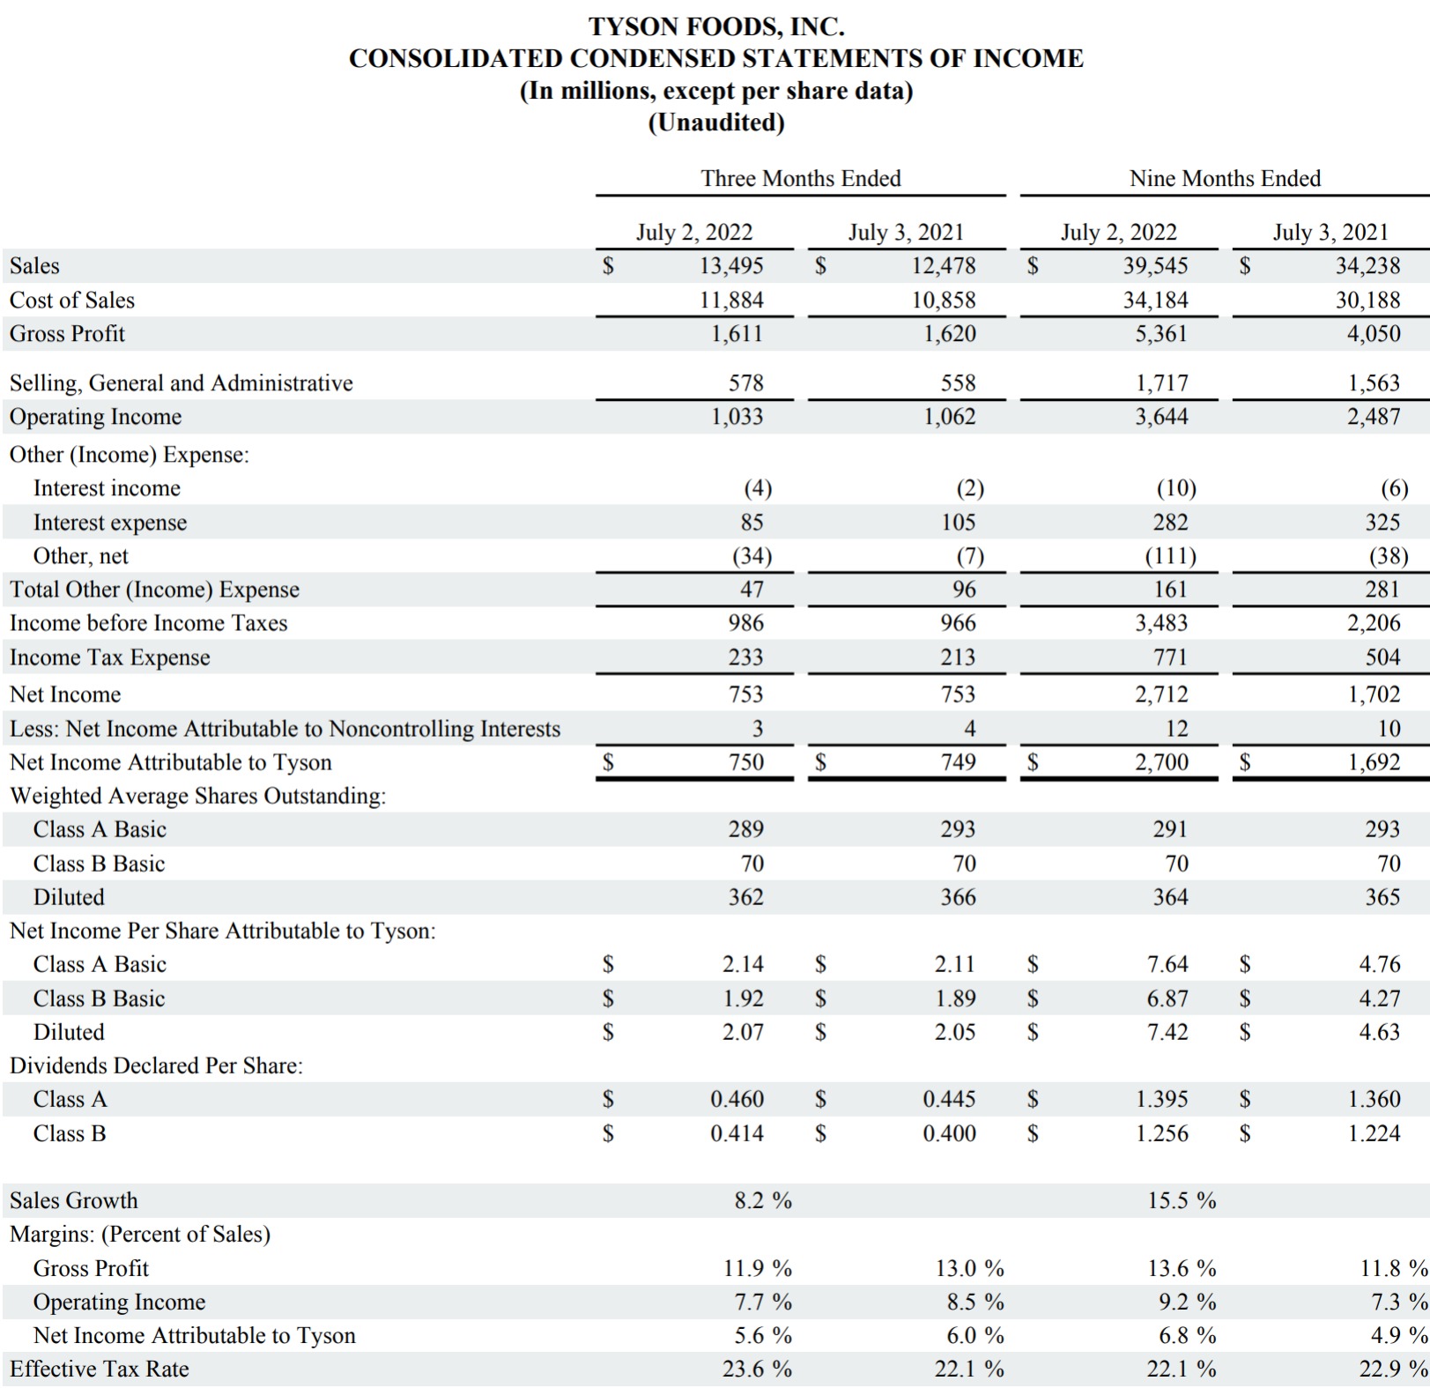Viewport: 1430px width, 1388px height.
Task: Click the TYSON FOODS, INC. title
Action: point(715,26)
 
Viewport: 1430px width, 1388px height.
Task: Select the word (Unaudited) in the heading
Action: point(715,122)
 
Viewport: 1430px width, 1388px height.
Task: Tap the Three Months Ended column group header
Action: point(800,178)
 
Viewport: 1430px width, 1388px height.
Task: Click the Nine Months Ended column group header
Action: point(1225,178)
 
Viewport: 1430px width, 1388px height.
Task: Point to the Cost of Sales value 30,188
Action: point(1367,300)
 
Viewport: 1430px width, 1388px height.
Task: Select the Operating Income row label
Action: point(95,417)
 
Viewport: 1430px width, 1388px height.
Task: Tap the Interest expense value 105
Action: point(958,523)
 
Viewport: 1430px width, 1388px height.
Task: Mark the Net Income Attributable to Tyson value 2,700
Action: point(1160,762)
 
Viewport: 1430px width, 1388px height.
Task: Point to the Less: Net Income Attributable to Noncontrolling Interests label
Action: point(285,729)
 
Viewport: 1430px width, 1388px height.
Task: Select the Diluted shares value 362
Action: point(745,897)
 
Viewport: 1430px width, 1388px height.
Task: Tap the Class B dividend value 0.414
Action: point(737,1133)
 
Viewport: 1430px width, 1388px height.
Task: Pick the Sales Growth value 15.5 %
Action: point(1181,1200)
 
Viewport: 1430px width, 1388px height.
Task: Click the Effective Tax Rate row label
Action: point(99,1369)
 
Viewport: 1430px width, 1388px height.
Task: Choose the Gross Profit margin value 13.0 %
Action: point(969,1268)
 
